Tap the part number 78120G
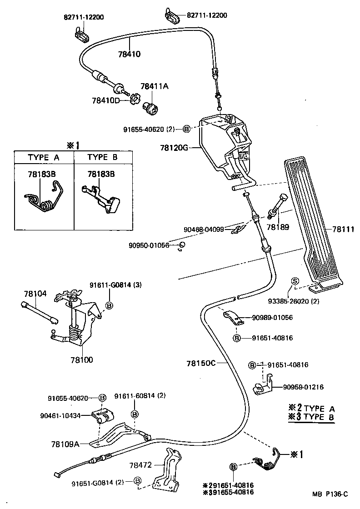click(174, 147)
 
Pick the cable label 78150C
click(200, 363)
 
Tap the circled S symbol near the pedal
click(294, 281)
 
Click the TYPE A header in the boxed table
click(44, 157)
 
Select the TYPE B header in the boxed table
click(102, 157)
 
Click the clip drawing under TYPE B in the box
click(103, 199)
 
